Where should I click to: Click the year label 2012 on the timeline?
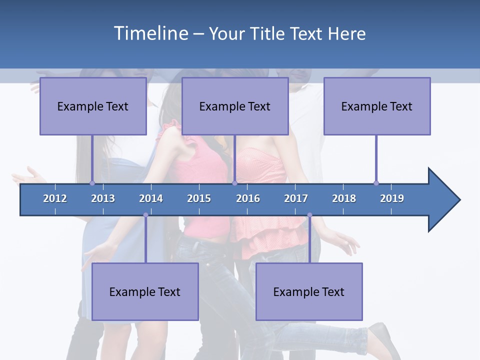click(55, 198)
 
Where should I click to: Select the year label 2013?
click(103, 198)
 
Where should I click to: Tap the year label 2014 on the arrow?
click(151, 198)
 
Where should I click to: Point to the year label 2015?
click(199, 198)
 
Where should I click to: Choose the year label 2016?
click(248, 198)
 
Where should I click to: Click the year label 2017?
click(296, 198)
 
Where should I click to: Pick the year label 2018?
click(344, 198)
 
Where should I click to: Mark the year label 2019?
click(392, 198)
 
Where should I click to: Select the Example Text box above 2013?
click(93, 106)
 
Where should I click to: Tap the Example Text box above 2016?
click(235, 106)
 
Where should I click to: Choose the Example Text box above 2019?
click(377, 106)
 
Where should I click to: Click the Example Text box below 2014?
click(145, 291)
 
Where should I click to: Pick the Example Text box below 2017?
click(309, 291)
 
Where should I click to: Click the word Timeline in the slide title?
click(150, 33)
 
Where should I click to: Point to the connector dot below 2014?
click(145, 215)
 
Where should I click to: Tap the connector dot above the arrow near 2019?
click(376, 183)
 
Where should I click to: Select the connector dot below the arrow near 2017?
click(309, 215)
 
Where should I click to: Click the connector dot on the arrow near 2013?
click(92, 183)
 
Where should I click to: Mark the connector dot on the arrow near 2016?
click(234, 183)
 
